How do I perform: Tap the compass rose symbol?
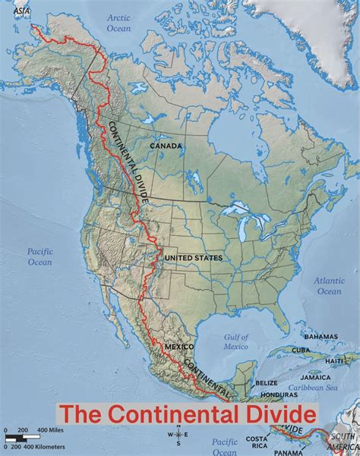pyautogui.click(x=178, y=435)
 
